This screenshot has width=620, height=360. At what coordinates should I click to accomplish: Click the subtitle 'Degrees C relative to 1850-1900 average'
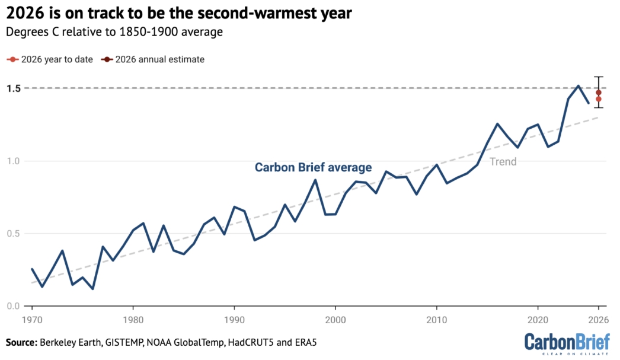(114, 32)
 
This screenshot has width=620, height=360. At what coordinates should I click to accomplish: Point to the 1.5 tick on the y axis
(14, 88)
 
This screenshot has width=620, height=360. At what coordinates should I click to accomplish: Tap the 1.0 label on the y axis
(14, 161)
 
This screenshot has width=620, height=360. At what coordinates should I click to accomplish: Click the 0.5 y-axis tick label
(14, 234)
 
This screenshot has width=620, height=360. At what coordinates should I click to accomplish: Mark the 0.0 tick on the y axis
(14, 306)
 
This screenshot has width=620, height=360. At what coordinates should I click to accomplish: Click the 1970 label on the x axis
(32, 320)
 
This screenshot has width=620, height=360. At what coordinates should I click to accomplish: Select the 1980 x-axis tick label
(133, 320)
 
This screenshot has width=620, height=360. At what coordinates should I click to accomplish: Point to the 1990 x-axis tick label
(234, 320)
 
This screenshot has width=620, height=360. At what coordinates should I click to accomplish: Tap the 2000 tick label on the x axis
(335, 320)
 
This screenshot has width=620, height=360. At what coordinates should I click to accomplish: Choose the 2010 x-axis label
(436, 320)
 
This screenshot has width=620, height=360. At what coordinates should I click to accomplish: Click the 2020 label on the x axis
(538, 320)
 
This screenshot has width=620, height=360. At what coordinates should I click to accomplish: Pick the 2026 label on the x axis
(599, 320)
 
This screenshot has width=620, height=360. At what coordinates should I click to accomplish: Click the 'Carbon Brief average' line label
(313, 168)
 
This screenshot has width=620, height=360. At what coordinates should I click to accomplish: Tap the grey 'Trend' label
(503, 161)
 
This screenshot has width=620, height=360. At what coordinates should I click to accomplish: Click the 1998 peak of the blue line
(315, 180)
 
